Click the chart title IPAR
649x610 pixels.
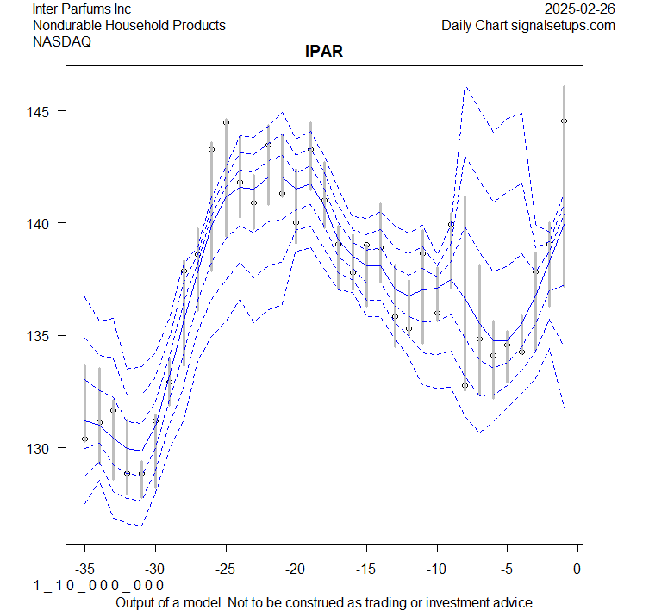coord(325,52)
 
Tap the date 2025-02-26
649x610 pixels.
coord(580,9)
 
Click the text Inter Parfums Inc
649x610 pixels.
coord(82,9)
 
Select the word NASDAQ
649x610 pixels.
coord(62,40)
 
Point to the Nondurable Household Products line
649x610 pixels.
coord(129,25)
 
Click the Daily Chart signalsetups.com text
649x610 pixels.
coord(528,25)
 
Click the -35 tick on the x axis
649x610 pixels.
coord(84,568)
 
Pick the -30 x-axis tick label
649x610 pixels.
coord(155,568)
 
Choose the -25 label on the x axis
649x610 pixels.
coord(226,568)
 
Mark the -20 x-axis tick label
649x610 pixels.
coord(296,568)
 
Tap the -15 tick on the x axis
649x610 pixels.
coord(366,568)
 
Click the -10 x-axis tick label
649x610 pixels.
coord(437,568)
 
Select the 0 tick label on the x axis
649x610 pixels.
coord(577,568)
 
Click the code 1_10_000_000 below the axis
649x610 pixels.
coord(98,586)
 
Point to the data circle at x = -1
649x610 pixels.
coord(564,121)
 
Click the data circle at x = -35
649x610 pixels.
coord(84,439)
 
